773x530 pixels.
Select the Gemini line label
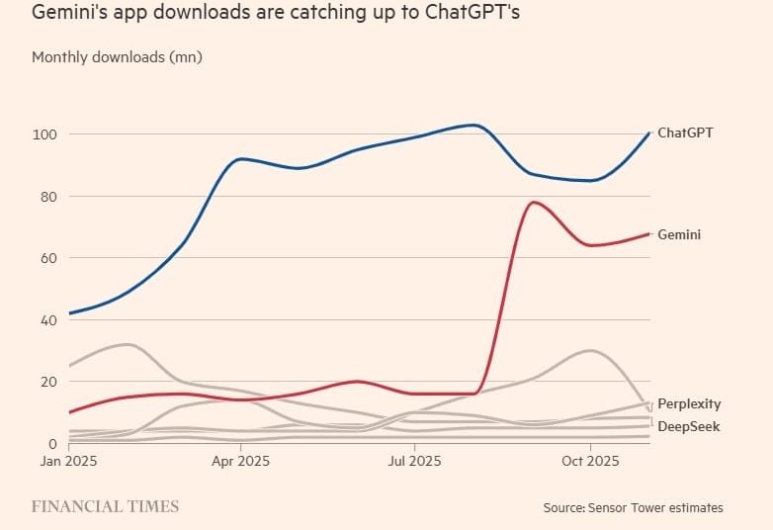coord(679,234)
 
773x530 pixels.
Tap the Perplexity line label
coord(689,403)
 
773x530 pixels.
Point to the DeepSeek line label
coord(688,426)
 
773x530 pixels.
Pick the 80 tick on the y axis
coord(46,197)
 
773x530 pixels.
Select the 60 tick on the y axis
coord(46,258)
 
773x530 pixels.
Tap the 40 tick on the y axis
coord(46,320)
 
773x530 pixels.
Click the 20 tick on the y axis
coord(46,382)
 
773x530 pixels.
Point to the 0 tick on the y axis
coord(50,444)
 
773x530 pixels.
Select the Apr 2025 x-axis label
coord(240,461)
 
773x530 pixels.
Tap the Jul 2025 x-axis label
coord(413,461)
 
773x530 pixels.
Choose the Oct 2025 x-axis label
coord(589,461)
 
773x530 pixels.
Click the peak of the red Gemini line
coord(534,203)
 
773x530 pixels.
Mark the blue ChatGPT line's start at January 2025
coord(69,313)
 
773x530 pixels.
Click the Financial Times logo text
coord(105,506)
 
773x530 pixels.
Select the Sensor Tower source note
coord(633,507)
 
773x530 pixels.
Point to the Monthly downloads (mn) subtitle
coord(117,57)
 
